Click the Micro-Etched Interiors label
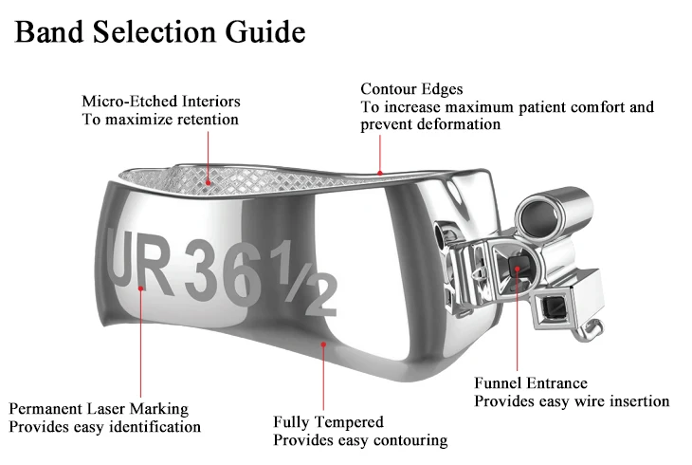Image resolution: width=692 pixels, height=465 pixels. pos(160,101)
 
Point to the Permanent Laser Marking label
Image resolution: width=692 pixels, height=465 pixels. pos(99,408)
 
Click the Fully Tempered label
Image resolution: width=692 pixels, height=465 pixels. pos(328,421)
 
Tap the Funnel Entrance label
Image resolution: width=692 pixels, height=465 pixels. pos(530,383)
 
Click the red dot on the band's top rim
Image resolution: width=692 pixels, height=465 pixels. pos(380,173)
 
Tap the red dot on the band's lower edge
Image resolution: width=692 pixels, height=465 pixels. pos(324,345)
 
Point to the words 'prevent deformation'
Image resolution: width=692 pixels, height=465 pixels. pos(430,124)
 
